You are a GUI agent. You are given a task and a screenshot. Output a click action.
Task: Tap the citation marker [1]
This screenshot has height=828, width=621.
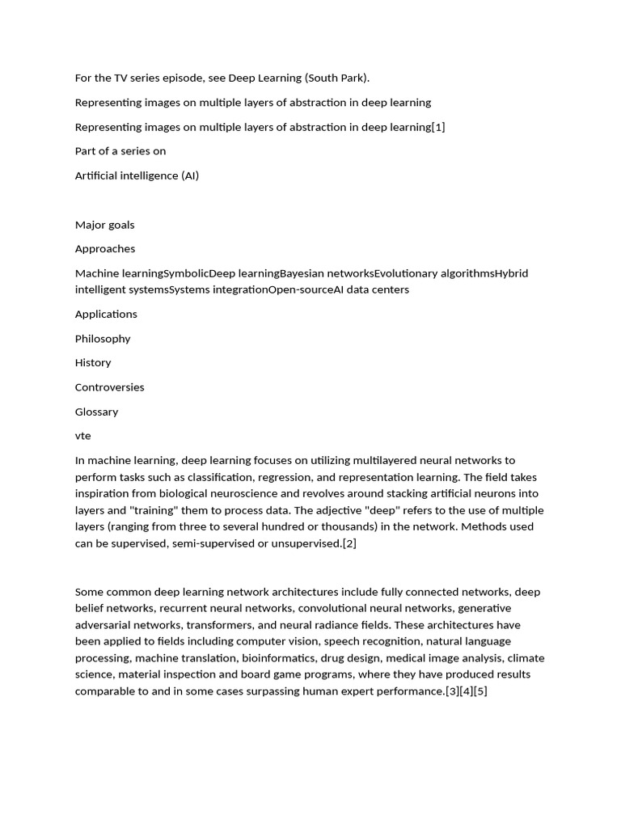pos(438,127)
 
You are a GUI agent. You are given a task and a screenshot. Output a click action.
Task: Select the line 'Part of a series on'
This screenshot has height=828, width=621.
pos(120,151)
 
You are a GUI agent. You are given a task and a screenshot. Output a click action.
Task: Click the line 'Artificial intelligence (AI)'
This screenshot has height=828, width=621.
pos(137,175)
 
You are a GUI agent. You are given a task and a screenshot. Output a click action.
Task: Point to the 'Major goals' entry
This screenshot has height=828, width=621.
pos(104,225)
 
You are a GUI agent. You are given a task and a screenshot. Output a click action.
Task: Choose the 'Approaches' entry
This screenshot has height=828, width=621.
pos(105,249)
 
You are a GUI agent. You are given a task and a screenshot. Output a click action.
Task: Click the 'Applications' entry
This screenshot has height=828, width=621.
pos(106,314)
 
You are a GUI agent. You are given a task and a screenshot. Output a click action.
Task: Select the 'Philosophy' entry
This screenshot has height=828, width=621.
pos(103,339)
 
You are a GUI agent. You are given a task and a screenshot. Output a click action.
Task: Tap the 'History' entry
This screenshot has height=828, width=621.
pos(93,363)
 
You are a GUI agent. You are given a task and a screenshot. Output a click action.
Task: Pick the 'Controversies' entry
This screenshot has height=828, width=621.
pos(110,387)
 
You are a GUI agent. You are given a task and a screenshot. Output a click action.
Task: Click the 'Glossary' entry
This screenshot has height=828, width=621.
pos(96,412)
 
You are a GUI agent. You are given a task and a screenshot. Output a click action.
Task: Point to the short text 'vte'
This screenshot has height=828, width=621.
pos(83,436)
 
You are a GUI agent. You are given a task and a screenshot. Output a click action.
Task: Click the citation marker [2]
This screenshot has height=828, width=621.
pos(349,543)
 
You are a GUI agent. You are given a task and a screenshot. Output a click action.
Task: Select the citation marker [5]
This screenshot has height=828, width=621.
pos(480,691)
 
